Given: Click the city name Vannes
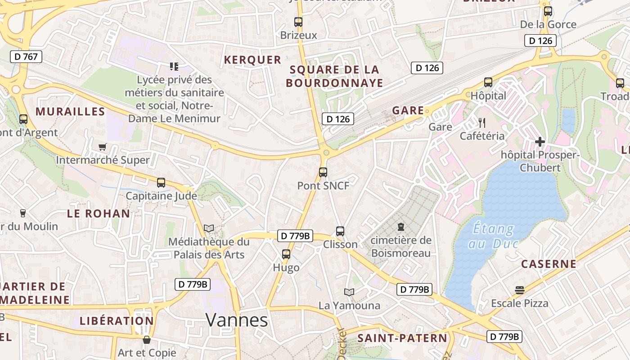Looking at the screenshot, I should tap(237, 320).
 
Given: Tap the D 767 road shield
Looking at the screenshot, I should tap(26, 57).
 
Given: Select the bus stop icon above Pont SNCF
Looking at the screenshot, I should tap(323, 172).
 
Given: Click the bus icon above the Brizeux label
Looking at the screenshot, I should tap(298, 22).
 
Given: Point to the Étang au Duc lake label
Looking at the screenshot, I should tap(494, 236).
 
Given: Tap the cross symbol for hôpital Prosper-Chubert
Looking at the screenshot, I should tap(540, 142).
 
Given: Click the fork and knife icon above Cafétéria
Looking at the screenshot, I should tap(482, 122).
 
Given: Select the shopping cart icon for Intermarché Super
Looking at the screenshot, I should tap(102, 147).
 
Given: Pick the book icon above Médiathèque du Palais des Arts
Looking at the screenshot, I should tap(209, 229).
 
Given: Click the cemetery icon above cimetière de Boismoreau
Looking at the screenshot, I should tap(400, 227).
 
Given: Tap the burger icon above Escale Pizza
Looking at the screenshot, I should tap(520, 290).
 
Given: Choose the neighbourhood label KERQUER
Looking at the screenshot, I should tap(252, 60).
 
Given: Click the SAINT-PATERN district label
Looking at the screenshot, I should tap(402, 338).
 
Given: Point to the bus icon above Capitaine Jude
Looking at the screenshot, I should tap(161, 183).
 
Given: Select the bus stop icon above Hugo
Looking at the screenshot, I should tap(286, 254).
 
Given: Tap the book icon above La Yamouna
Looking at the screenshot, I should tap(349, 292).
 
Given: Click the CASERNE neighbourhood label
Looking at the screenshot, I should tap(549, 264).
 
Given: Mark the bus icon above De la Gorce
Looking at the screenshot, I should tap(548, 11).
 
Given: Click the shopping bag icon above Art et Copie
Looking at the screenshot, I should tap(146, 340).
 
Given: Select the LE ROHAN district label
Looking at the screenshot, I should tap(99, 214).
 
